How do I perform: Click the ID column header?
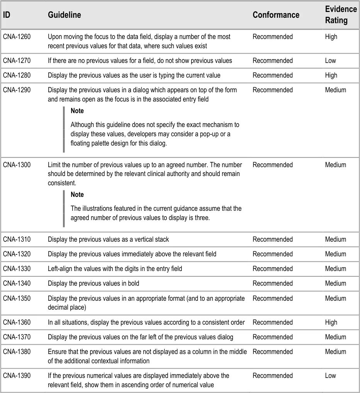7,15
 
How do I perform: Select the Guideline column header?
65,15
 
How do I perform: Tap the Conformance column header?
276,15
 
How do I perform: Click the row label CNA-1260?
17,37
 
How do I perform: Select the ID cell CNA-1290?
17,90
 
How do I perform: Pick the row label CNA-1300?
17,165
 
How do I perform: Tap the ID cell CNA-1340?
17,283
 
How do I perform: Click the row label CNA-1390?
17,376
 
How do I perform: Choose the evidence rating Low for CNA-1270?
331,61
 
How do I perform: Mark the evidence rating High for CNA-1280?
331,75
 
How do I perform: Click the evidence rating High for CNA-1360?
331,322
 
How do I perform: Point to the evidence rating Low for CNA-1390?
331,376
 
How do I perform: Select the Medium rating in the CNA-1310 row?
335,239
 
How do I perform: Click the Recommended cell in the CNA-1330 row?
273,269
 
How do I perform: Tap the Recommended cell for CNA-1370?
273,337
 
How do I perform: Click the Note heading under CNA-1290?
77,111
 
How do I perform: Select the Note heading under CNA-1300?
77,195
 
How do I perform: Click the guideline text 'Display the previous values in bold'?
93,283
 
